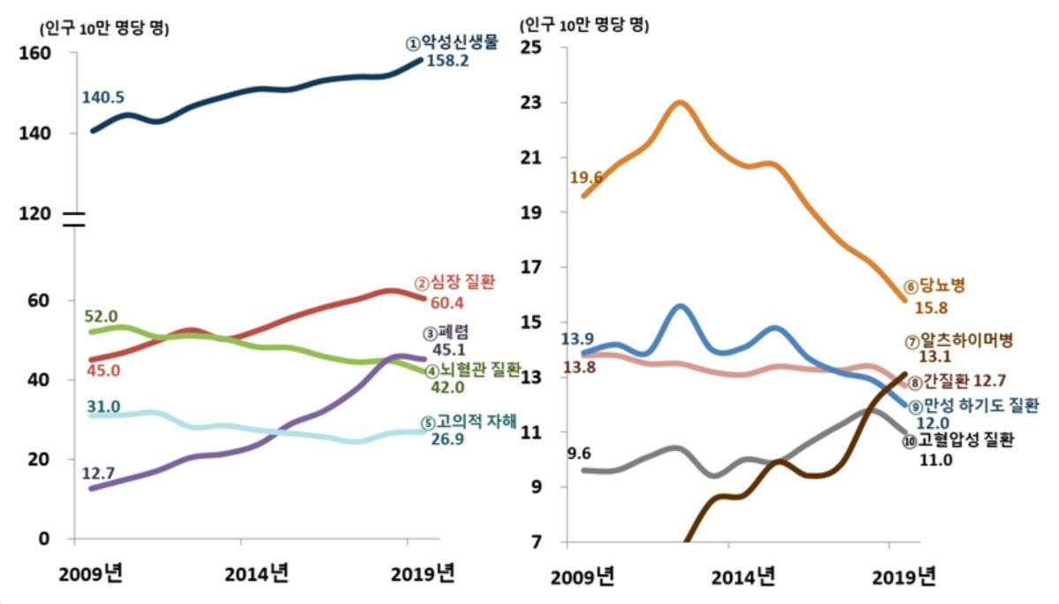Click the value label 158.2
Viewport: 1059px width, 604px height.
coord(448,62)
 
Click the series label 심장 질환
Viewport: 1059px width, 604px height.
coord(461,283)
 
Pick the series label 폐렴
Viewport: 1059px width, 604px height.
coord(453,332)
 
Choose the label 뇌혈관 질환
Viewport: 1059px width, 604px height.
coord(480,370)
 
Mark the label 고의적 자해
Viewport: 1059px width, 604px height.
coord(476,421)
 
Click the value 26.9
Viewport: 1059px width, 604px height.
coord(449,439)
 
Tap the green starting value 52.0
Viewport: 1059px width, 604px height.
coord(101,317)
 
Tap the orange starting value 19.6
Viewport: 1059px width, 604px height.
coord(586,178)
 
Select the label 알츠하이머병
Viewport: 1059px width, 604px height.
coord(964,340)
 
